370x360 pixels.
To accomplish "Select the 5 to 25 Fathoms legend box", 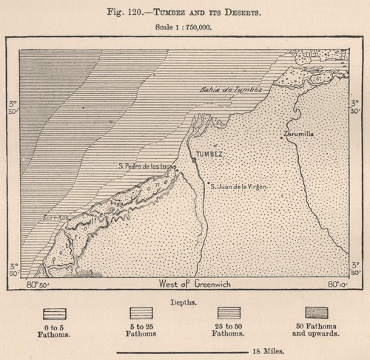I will tap(141, 313).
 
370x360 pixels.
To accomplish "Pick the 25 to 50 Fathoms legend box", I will tap(229, 313).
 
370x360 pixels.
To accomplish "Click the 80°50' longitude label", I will tap(36, 284).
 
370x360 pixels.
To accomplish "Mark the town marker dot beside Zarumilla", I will tap(282, 136).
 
